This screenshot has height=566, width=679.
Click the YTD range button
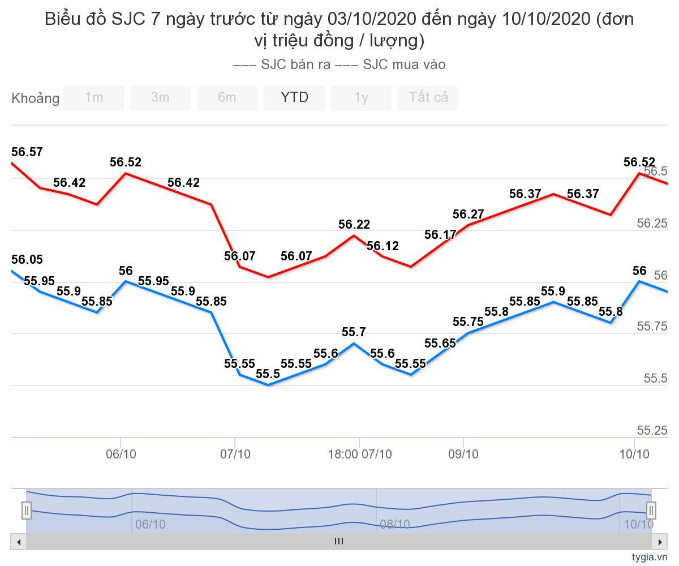294,98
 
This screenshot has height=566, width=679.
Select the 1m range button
94,98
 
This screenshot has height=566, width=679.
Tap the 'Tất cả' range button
428,98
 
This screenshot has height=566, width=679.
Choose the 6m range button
227,98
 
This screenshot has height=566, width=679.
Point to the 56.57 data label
27,152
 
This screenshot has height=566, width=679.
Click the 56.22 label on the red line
354,225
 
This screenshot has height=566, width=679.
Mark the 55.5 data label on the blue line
268,374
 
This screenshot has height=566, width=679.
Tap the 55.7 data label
354,332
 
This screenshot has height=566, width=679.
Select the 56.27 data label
469,215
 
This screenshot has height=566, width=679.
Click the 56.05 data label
27,260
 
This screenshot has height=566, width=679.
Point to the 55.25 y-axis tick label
652,431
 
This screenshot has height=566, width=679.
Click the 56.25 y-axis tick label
652,224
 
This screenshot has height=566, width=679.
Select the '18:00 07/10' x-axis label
360,454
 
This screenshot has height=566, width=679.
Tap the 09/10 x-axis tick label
463,454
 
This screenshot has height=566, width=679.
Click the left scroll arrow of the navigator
19,542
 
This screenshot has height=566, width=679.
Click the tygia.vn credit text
650,557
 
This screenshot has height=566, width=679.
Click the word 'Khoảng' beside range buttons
35,98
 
